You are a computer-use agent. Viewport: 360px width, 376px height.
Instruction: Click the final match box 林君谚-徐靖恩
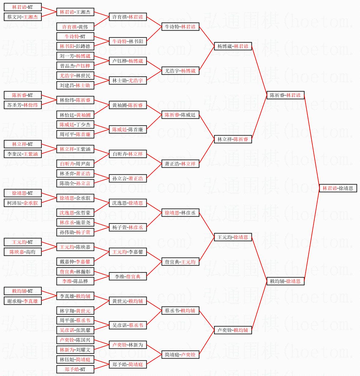click(x=338, y=188)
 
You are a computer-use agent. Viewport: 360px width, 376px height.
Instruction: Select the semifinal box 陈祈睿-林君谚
click(x=285, y=95)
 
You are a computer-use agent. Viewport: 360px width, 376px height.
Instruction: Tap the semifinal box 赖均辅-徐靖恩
click(x=285, y=281)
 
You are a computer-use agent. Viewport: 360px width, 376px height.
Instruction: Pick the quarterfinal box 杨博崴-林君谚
click(x=233, y=46)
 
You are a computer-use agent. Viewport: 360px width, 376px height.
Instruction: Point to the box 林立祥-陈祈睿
click(x=233, y=139)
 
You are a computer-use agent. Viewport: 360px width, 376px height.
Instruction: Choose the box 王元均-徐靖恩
click(x=233, y=237)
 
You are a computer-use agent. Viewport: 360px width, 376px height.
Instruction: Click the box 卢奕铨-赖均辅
click(x=233, y=330)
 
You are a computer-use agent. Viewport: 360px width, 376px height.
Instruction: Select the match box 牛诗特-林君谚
click(x=180, y=27)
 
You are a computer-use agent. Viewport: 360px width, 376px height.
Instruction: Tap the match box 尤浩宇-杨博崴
click(x=180, y=71)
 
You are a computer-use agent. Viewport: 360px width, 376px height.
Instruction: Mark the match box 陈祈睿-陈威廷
click(x=180, y=115)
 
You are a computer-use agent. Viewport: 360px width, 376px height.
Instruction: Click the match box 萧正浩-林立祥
click(x=180, y=164)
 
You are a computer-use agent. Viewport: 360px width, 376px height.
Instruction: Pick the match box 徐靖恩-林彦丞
click(x=180, y=213)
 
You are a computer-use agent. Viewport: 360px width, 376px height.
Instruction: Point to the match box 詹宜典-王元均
click(x=180, y=262)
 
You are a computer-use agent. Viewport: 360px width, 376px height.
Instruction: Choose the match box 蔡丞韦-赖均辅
click(x=180, y=311)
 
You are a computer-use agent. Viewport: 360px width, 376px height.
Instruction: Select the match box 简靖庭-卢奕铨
click(x=180, y=355)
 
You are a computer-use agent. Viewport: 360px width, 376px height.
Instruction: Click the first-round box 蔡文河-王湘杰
click(x=23, y=17)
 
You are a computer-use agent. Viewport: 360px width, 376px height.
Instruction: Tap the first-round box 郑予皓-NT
click(x=75, y=369)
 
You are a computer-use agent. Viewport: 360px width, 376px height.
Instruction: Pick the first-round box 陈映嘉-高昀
click(x=23, y=252)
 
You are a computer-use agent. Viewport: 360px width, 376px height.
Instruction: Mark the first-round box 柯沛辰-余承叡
click(x=23, y=203)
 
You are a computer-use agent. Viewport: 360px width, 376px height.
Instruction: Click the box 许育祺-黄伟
click(x=75, y=27)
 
